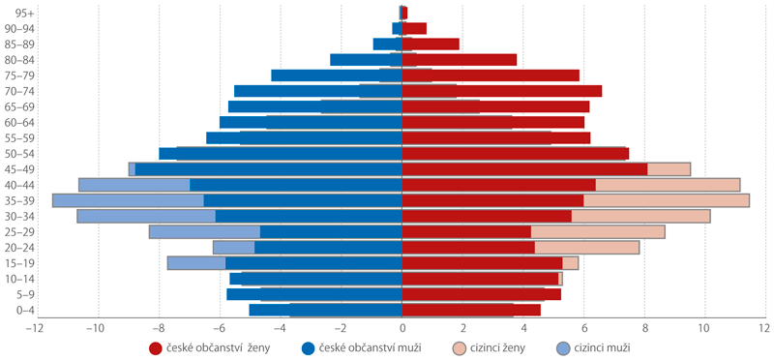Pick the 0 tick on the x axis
click(402, 328)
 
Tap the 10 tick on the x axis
click(704, 328)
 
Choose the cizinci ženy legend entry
click(489, 348)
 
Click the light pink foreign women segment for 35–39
click(667, 200)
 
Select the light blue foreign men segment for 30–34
click(146, 217)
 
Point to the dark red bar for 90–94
click(414, 29)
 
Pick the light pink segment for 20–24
click(587, 248)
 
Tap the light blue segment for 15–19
click(196, 263)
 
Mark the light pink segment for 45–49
click(669, 169)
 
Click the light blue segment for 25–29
click(205, 232)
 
